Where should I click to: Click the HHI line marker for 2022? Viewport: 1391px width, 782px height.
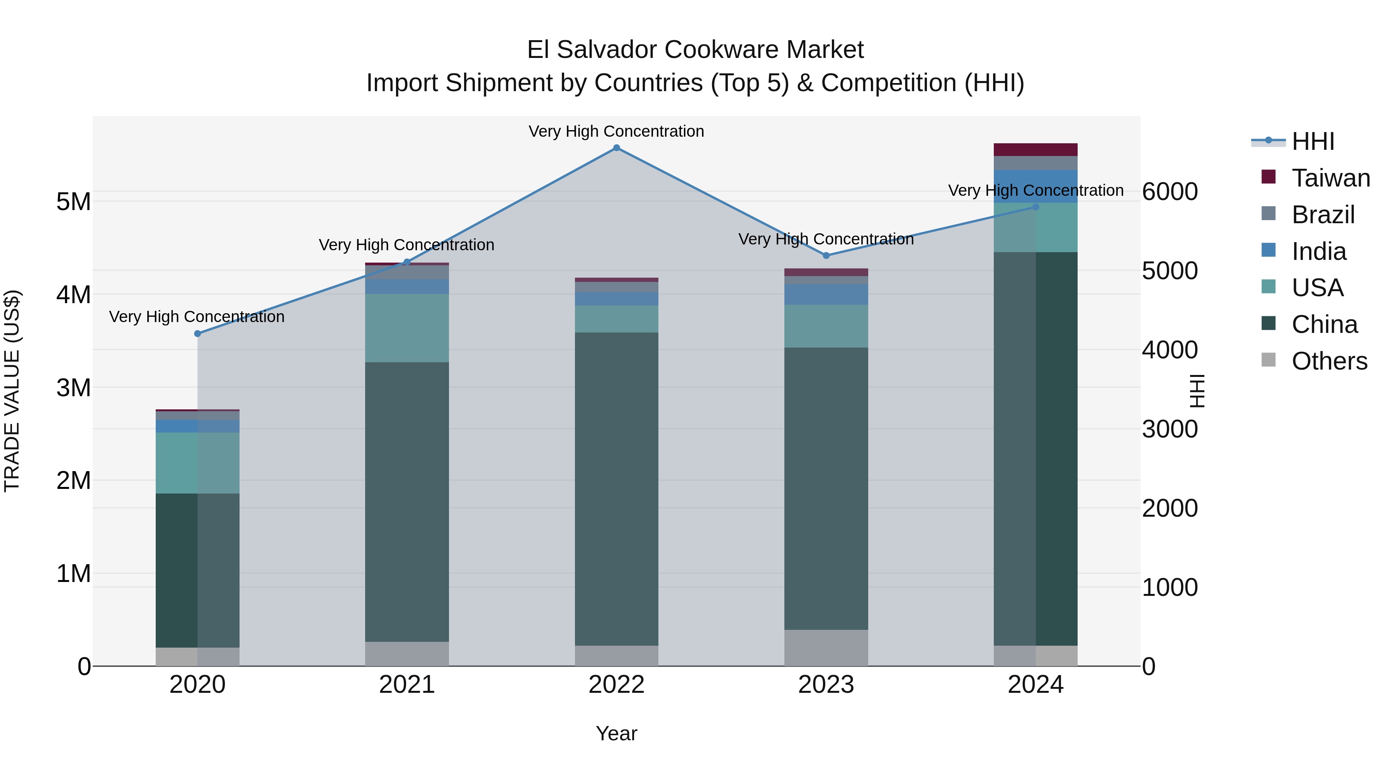[x=617, y=148]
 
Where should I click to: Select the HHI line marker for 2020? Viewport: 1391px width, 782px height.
[x=197, y=334]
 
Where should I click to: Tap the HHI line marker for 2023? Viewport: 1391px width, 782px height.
[x=826, y=255]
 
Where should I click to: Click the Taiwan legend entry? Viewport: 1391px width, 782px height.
[x=1330, y=178]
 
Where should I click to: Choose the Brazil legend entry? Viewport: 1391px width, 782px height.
[x=1323, y=215]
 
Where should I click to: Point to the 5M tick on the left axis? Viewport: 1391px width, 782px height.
[x=73, y=202]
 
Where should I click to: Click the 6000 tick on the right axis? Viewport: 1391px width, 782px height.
[x=1170, y=192]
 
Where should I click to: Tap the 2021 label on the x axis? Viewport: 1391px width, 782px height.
[x=407, y=685]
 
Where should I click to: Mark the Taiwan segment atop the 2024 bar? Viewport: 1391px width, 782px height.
[x=1036, y=149]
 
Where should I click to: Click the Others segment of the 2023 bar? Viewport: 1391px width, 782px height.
[x=826, y=648]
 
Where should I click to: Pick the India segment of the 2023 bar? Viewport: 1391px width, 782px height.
[x=826, y=294]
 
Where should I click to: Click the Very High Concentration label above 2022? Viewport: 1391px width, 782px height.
[x=616, y=131]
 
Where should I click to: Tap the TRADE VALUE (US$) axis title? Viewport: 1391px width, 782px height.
[x=12, y=391]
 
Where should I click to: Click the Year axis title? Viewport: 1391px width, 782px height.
[x=617, y=733]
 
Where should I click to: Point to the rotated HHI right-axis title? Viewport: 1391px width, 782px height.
[x=1198, y=391]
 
